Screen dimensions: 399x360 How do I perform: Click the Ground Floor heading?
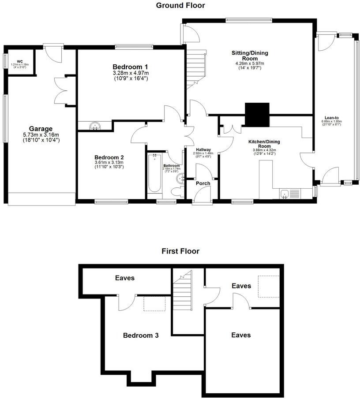point(180,5)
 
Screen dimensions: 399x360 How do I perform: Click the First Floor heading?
point(180,251)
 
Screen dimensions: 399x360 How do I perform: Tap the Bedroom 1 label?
point(130,67)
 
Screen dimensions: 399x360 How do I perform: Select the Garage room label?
point(41,129)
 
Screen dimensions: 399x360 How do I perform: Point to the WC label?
point(20,61)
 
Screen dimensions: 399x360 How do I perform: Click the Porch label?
point(203,183)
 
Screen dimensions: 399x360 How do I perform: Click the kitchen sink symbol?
point(285,194)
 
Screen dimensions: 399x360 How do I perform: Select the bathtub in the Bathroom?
point(154,173)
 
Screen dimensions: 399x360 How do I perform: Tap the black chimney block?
point(257,114)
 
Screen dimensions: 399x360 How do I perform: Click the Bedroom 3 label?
point(140,335)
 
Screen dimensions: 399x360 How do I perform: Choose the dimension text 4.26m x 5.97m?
point(250,63)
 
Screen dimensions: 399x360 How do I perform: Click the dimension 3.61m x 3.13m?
point(109,162)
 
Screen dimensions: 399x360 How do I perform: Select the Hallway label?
point(202,149)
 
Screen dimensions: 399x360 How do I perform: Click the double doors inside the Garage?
point(61,90)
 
